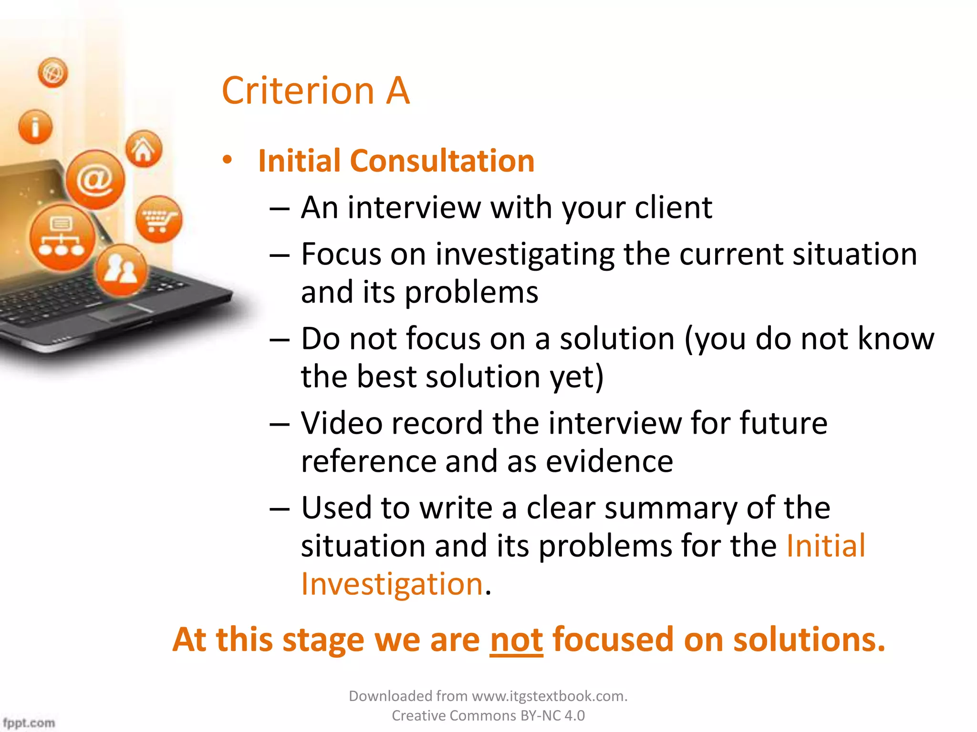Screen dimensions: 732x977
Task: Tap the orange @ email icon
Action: pyautogui.click(x=95, y=180)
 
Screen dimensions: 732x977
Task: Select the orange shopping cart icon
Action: pyautogui.click(x=158, y=219)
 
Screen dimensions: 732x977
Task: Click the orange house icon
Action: pyautogui.click(x=144, y=149)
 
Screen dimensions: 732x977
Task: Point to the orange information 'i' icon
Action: pyautogui.click(x=35, y=127)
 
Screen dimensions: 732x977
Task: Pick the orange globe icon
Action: pyautogui.click(x=53, y=73)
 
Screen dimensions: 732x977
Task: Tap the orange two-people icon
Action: pyautogui.click(x=121, y=270)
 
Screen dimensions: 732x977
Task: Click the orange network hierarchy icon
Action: pyautogui.click(x=62, y=237)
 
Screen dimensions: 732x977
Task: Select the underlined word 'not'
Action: pyautogui.click(x=516, y=640)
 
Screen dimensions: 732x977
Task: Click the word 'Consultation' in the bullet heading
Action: pyautogui.click(x=442, y=161)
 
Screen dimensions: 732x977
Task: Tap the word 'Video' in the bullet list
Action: pyautogui.click(x=342, y=423)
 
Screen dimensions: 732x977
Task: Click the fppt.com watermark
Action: pyautogui.click(x=29, y=722)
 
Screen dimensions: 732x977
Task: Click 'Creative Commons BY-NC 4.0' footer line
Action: pyautogui.click(x=488, y=716)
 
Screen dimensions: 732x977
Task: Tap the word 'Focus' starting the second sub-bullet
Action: pyautogui.click(x=341, y=254)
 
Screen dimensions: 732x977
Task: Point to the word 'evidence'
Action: pyautogui.click(x=609, y=461)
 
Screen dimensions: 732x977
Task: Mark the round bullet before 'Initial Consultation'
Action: pyautogui.click(x=228, y=160)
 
